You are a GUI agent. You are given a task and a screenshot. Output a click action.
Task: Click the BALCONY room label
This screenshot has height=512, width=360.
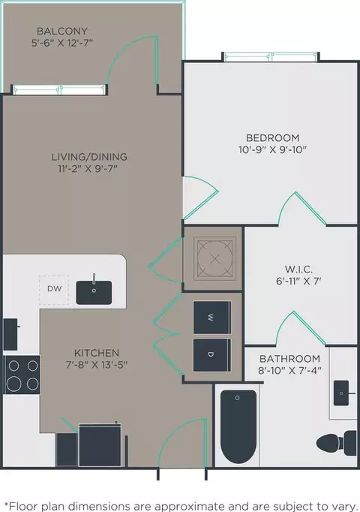(62, 31)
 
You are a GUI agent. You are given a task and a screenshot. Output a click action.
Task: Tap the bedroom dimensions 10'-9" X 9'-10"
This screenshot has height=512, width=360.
(272, 150)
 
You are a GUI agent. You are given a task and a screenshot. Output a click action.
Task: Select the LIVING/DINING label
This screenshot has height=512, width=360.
(89, 157)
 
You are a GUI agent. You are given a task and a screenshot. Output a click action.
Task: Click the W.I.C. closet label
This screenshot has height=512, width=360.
(299, 270)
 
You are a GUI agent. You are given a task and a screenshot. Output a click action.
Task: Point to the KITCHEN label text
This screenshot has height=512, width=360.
(97, 353)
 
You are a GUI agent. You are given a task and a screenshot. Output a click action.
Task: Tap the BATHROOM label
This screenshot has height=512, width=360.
(289, 359)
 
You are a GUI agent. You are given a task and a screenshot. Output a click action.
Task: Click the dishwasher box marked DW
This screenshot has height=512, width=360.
(54, 290)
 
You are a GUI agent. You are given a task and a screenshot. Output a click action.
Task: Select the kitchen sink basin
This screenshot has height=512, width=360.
(94, 293)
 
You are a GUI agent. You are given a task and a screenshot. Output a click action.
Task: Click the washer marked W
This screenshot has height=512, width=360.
(212, 318)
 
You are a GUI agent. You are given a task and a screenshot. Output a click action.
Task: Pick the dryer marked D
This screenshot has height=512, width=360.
(212, 355)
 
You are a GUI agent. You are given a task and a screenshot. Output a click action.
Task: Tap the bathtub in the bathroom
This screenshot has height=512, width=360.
(238, 426)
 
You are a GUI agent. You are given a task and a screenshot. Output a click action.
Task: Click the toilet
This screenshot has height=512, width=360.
(337, 443)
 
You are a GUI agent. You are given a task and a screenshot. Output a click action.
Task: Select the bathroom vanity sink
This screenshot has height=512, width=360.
(341, 393)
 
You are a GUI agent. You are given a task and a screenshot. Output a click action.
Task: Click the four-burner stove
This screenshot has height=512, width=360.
(22, 375)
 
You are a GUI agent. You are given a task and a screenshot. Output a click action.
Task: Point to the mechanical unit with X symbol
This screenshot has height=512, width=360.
(214, 258)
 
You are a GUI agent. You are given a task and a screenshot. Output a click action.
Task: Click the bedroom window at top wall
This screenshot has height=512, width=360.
(270, 57)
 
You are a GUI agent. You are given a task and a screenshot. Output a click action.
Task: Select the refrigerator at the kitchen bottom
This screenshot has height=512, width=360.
(100, 445)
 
